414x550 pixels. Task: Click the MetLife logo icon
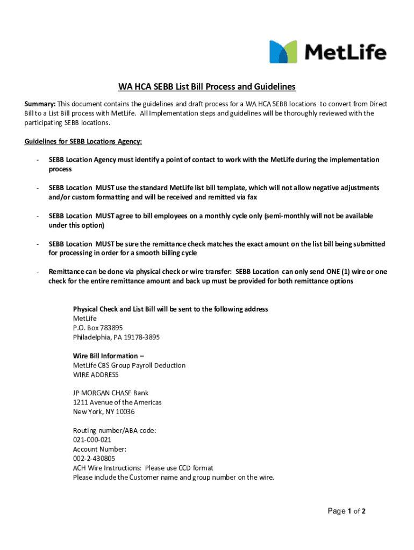click(x=283, y=52)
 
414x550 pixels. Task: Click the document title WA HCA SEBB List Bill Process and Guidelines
click(x=207, y=87)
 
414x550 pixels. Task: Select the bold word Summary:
click(x=40, y=104)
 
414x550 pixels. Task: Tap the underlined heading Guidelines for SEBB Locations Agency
click(x=83, y=141)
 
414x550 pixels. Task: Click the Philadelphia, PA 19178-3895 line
click(x=116, y=337)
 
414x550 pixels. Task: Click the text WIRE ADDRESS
click(x=96, y=374)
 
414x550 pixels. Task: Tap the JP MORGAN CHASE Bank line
click(x=111, y=393)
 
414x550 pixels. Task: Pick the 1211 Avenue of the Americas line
click(x=117, y=402)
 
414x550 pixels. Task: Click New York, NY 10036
click(x=104, y=412)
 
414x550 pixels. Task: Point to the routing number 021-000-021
click(x=92, y=439)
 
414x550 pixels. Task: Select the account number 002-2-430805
click(x=94, y=458)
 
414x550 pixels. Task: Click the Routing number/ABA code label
click(x=115, y=430)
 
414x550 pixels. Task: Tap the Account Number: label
click(x=99, y=449)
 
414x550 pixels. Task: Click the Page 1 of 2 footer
click(x=347, y=511)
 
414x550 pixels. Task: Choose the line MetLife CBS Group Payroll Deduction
click(x=129, y=365)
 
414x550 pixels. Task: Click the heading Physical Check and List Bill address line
click(x=170, y=309)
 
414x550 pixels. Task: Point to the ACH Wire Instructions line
click(x=143, y=468)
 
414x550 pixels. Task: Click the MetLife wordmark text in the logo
click(x=346, y=52)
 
